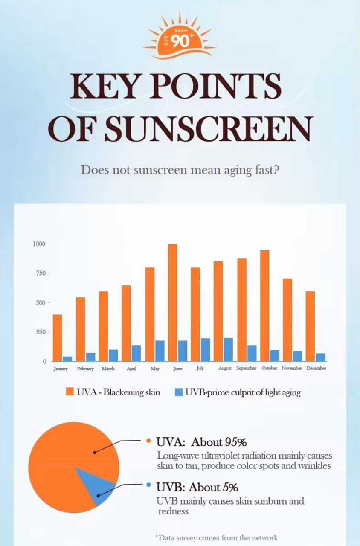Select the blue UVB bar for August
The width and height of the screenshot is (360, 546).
[228, 349]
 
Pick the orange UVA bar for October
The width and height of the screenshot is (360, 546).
[264, 305]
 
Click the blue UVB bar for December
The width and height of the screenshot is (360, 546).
[321, 357]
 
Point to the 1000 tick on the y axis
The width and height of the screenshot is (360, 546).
[39, 244]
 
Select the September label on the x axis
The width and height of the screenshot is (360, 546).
[247, 368]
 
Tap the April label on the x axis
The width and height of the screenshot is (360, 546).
[131, 368]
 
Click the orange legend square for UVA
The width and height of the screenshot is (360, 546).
[70, 392]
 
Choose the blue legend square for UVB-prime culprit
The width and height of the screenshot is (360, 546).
[179, 392]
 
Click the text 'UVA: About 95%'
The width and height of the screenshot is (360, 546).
[201, 441]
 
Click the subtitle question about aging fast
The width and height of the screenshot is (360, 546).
[180, 170]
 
